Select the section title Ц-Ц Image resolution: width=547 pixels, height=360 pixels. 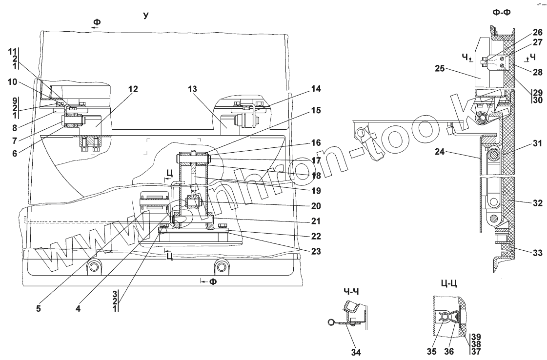448,283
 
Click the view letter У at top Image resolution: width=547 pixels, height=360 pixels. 145,16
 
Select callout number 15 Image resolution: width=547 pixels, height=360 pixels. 316,111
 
